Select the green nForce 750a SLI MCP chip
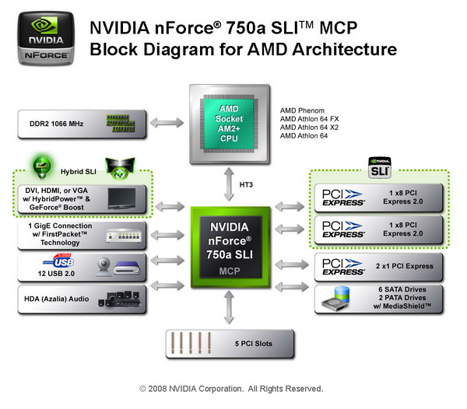pyautogui.click(x=231, y=243)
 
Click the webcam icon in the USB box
pyautogui.click(x=103, y=267)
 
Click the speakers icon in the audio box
pyautogui.click(x=123, y=300)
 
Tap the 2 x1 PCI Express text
pyautogui.click(x=405, y=267)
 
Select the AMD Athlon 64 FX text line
pyautogui.click(x=318, y=119)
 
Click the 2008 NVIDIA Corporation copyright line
pyautogui.click(x=231, y=388)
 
